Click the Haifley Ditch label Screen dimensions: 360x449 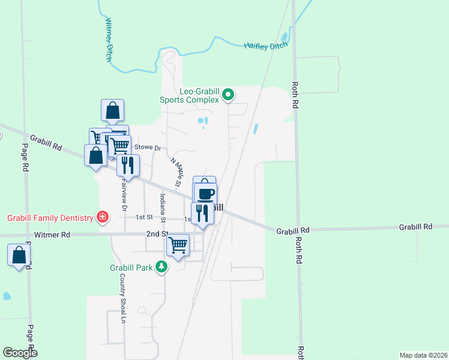[x=266, y=45]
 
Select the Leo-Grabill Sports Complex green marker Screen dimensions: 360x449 [x=228, y=94]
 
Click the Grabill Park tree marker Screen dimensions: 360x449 [x=161, y=266]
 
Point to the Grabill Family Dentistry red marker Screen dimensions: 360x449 [x=103, y=217]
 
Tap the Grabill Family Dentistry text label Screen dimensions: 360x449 [x=50, y=217]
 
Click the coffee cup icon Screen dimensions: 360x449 [x=205, y=194]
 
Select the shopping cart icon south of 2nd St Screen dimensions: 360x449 [x=178, y=245]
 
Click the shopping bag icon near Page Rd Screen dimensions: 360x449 [x=19, y=255]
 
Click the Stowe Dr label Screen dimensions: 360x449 [x=148, y=147]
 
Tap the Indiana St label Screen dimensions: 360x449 [x=162, y=205]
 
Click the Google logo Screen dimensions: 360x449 [x=20, y=353]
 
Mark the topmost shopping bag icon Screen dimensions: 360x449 [x=113, y=110]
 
